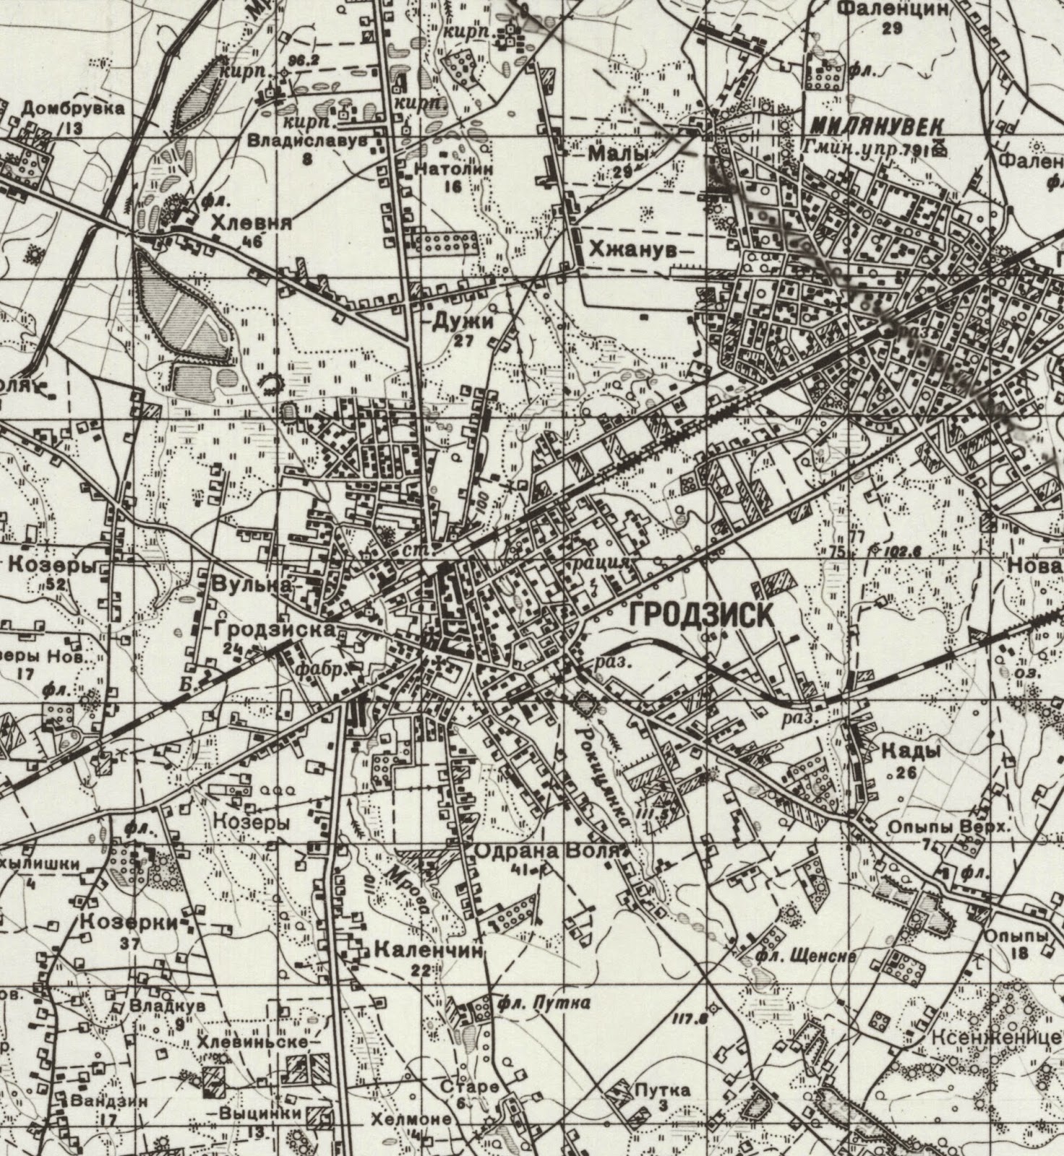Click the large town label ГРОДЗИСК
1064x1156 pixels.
(x=702, y=616)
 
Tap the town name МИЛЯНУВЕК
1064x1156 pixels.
(x=876, y=126)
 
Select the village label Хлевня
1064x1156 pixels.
(x=252, y=224)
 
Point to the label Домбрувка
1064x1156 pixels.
(x=72, y=109)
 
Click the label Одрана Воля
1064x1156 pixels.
(x=547, y=851)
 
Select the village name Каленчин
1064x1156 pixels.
(x=427, y=951)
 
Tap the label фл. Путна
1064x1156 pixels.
(x=544, y=1003)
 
